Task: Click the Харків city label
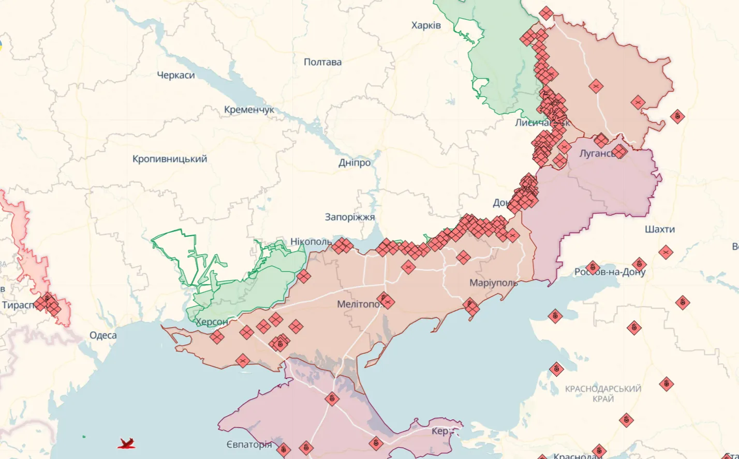tap(426, 25)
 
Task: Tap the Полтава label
tap(322, 62)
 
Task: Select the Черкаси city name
tap(176, 75)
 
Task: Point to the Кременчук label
tap(249, 110)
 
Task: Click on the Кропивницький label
tap(170, 159)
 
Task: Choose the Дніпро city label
tap(354, 163)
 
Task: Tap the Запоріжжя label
tap(350, 217)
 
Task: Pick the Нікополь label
tap(311, 242)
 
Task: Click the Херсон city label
tap(212, 322)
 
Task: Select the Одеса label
tap(103, 335)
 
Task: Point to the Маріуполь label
tap(493, 283)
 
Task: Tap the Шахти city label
tap(660, 229)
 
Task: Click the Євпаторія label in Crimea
tap(248, 445)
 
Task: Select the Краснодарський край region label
tap(603, 393)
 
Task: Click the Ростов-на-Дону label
tap(610, 272)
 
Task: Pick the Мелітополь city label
tap(359, 304)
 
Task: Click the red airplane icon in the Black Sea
tap(126, 443)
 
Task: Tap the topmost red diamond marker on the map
tap(546, 13)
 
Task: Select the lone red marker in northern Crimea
tap(332, 399)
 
